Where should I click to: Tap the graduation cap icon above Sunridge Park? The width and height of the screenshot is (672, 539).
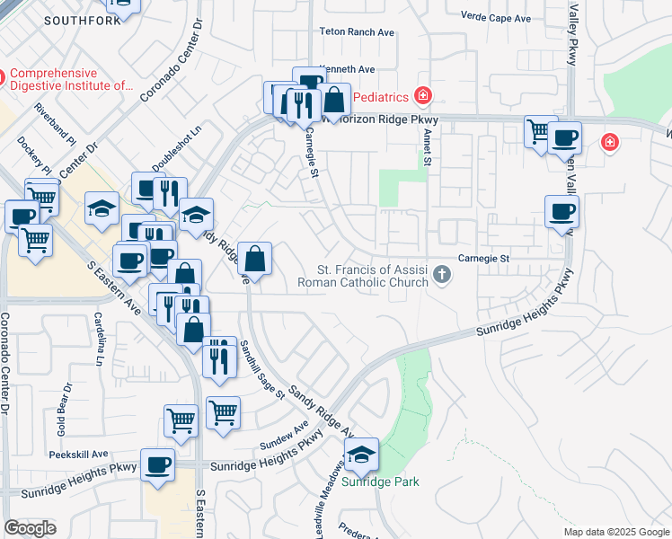tap(361, 455)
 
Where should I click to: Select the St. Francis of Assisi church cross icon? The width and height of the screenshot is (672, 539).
tap(441, 274)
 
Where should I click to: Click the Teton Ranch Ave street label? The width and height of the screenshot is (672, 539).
tap(357, 31)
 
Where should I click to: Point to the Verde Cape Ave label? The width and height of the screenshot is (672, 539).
tap(495, 18)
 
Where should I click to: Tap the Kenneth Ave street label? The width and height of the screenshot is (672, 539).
tap(347, 69)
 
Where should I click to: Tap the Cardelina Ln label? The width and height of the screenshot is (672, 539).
tap(97, 339)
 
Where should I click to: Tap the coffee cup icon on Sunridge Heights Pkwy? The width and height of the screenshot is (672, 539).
tap(158, 464)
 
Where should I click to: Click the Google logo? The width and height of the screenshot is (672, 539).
tap(30, 528)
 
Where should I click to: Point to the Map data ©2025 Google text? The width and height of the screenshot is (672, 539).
tap(615, 532)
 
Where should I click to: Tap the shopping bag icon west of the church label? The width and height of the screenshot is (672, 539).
tap(255, 260)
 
